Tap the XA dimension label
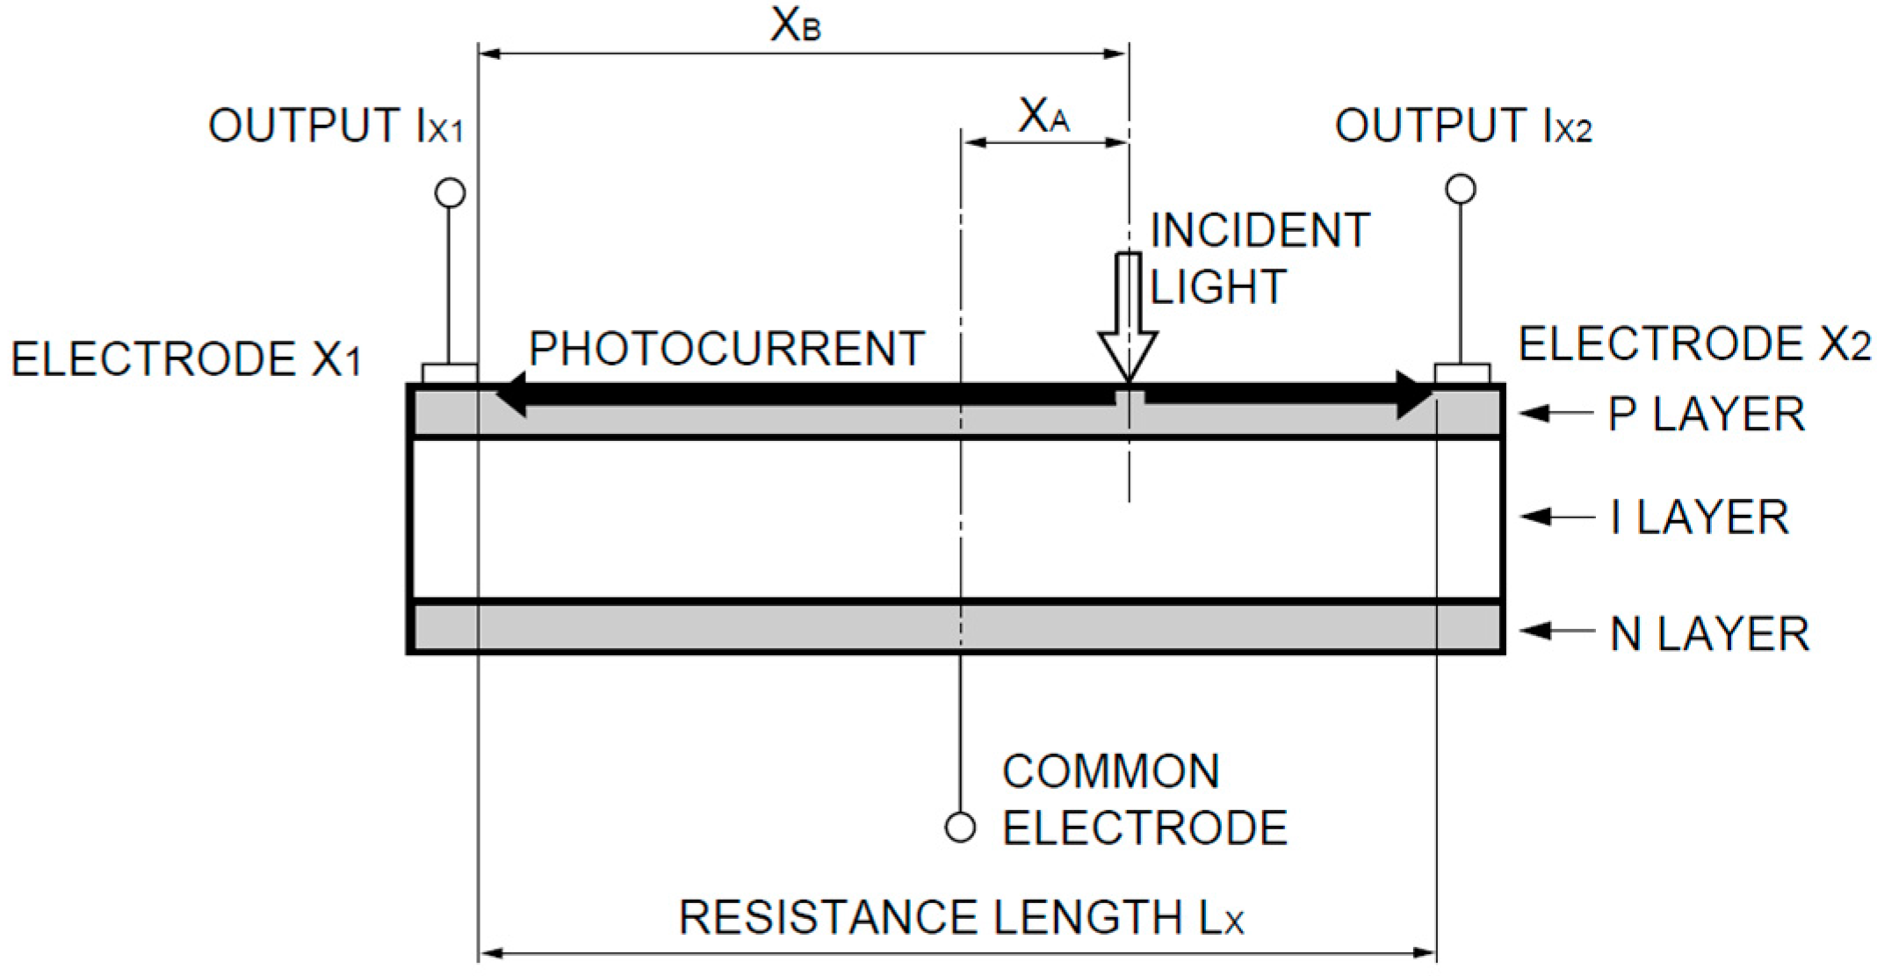point(1043,116)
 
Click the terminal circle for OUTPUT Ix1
point(451,192)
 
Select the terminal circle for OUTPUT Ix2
point(1461,189)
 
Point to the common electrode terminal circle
point(960,828)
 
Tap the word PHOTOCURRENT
point(726,349)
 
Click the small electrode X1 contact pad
point(450,373)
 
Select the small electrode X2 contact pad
point(1462,373)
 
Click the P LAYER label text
point(1706,414)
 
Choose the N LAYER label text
point(1709,633)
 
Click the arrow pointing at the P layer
point(1556,413)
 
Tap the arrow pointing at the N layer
point(1556,631)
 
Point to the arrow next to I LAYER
point(1556,517)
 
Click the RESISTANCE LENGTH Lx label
point(961,918)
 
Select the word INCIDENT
point(1260,231)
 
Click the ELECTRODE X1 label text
point(186,359)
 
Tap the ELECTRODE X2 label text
point(1694,343)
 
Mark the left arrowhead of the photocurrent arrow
point(512,394)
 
